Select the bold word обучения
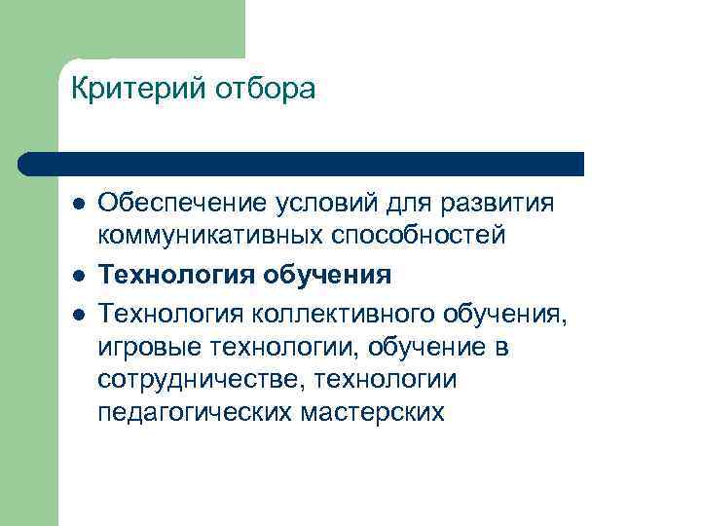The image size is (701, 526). click(327, 276)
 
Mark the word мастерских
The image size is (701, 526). click(376, 412)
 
